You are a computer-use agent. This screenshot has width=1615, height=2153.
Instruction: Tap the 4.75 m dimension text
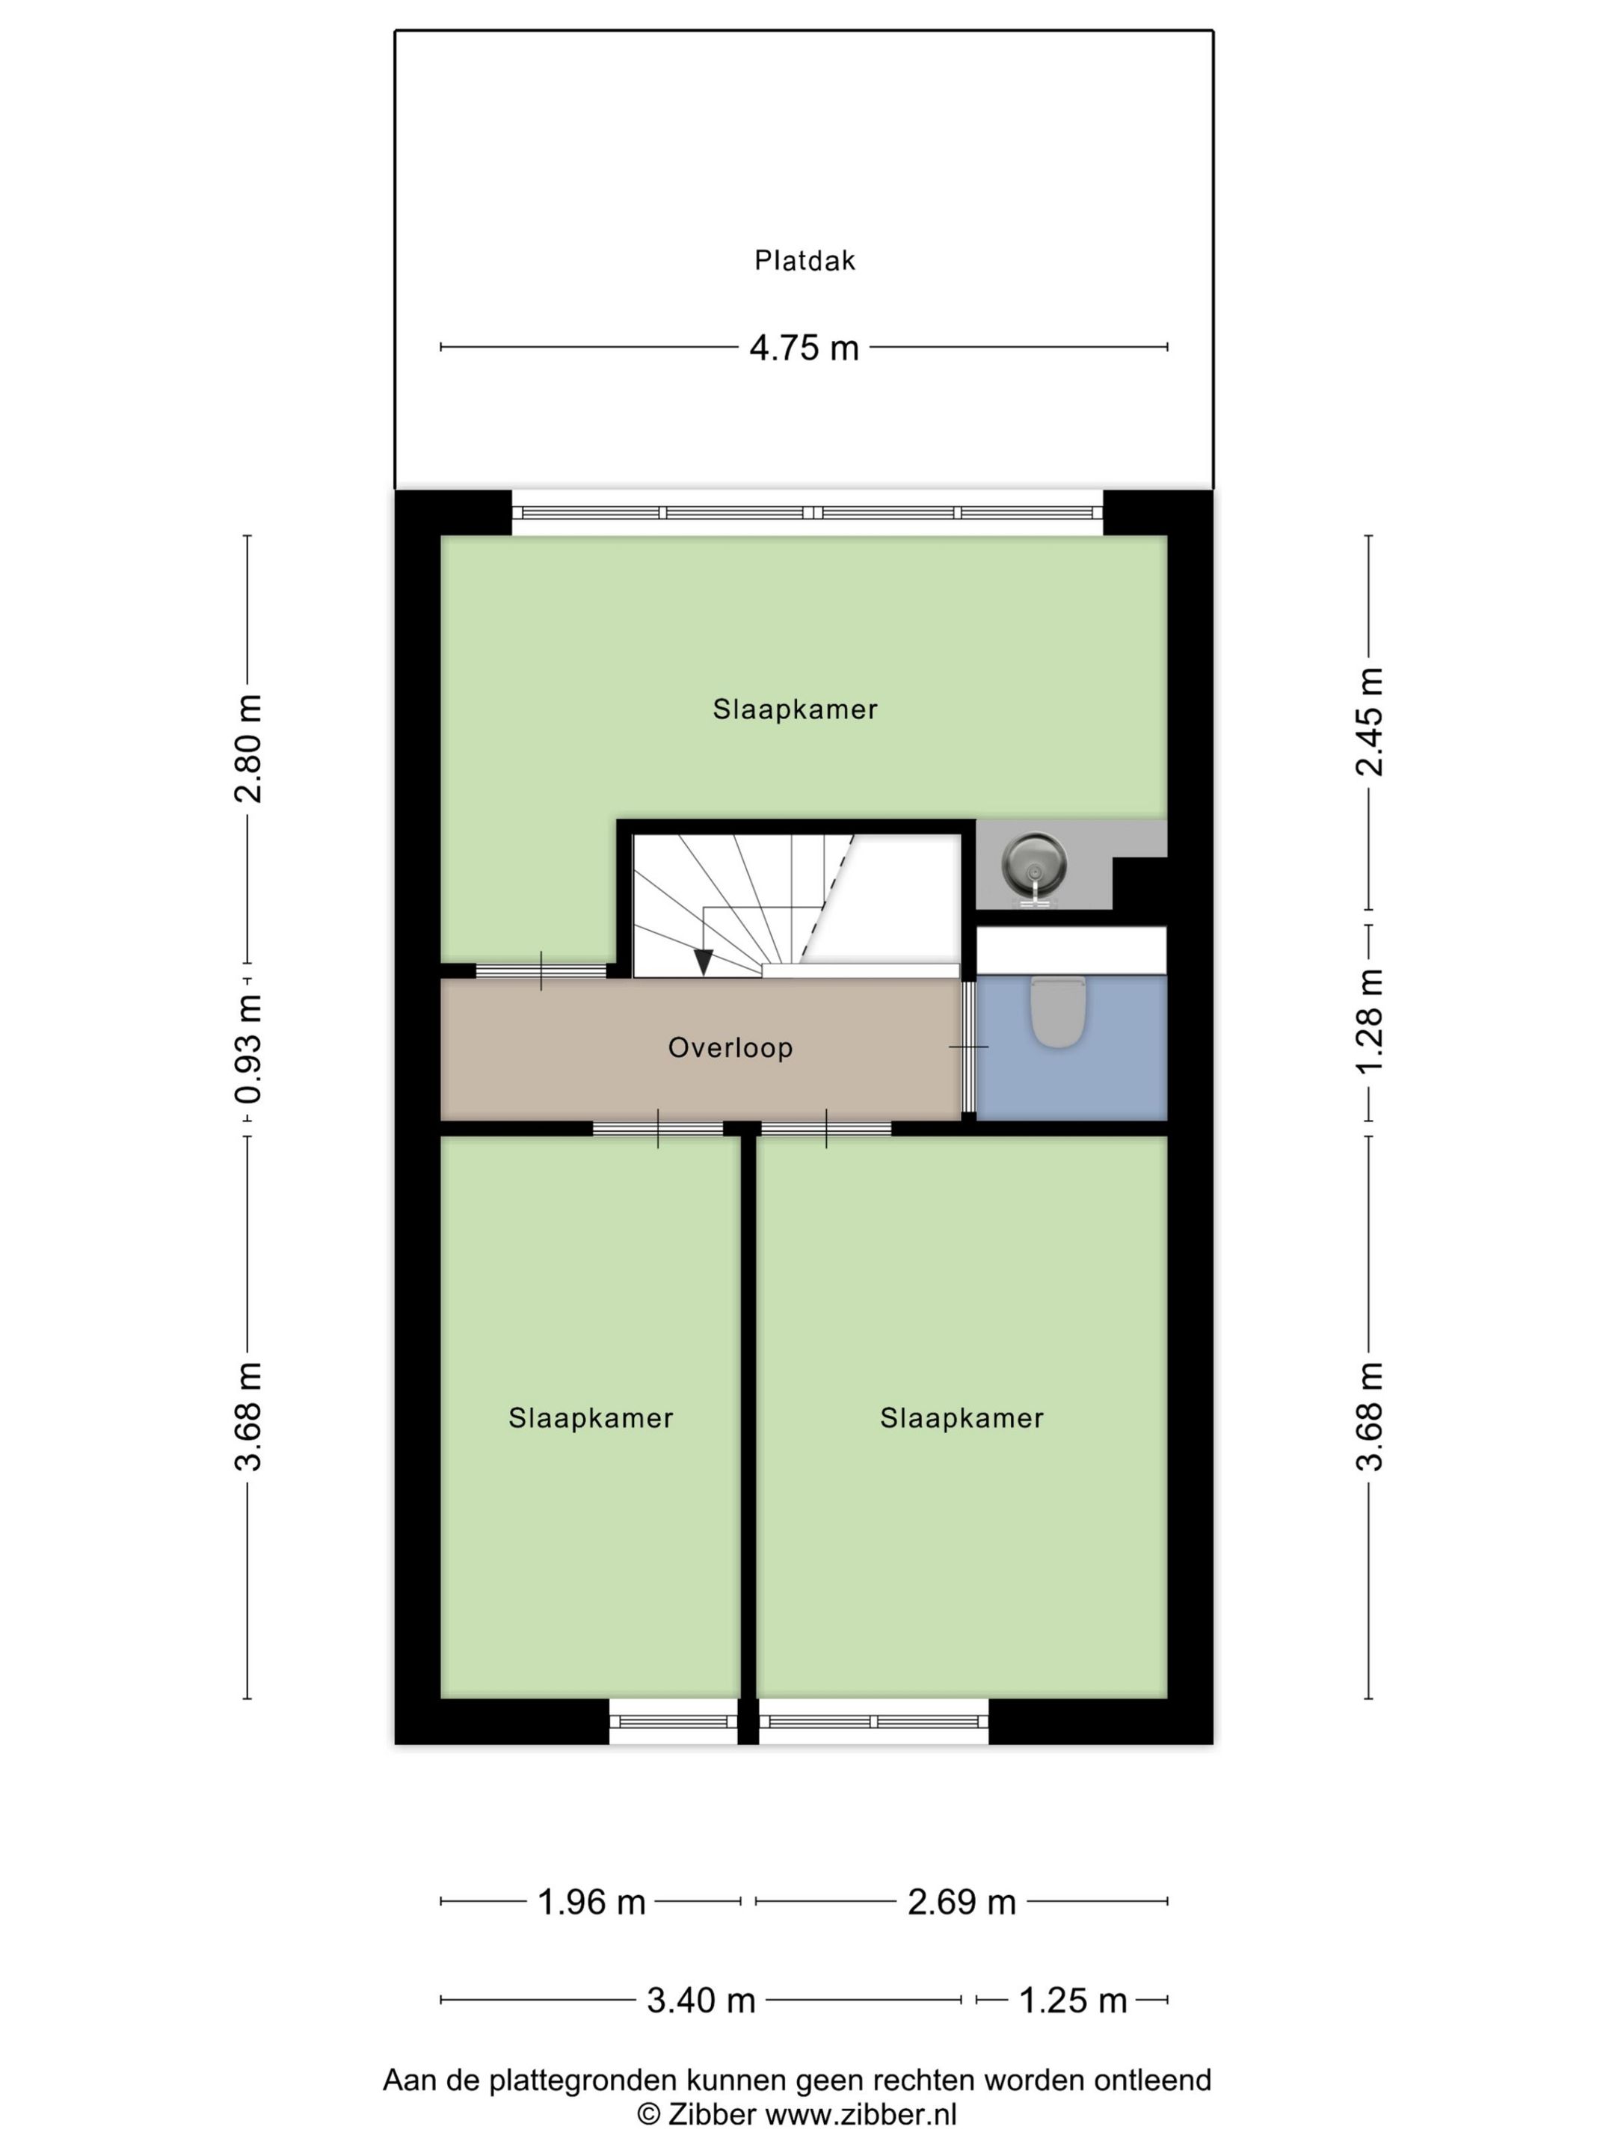(x=804, y=348)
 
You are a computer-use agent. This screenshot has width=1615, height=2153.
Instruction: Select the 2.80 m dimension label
(x=248, y=748)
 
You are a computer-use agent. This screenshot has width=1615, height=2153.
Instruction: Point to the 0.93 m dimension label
(x=248, y=1048)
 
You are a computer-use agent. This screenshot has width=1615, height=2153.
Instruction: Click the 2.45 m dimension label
(x=1370, y=721)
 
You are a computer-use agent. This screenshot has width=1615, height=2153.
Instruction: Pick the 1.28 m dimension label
(x=1370, y=1021)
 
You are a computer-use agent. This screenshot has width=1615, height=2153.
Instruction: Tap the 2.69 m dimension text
(x=962, y=1901)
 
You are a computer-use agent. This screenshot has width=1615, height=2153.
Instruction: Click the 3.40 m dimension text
(x=701, y=2000)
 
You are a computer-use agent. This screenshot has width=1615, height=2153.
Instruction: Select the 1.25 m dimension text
(x=1073, y=2000)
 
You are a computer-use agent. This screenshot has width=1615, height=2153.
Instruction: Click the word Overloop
(x=730, y=1047)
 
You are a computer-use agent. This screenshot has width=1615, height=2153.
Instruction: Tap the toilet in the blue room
(x=1057, y=1012)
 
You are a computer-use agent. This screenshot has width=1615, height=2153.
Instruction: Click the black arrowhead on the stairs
(x=704, y=961)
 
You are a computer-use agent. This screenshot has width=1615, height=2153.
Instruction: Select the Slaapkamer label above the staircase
(x=796, y=709)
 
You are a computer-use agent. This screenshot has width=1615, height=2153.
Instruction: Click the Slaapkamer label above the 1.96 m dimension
(x=591, y=1417)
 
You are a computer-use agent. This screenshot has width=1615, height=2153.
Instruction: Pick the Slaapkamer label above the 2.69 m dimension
(x=962, y=1417)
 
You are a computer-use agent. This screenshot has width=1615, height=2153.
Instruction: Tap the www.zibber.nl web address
(x=861, y=2114)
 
